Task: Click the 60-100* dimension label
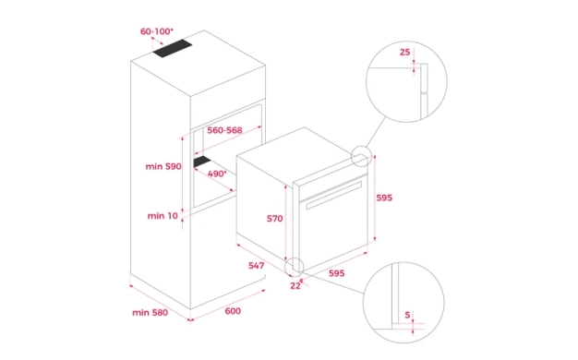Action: (x=156, y=31)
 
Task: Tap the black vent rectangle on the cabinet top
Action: (x=173, y=48)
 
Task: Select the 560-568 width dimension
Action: (x=224, y=130)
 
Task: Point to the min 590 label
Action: (x=163, y=166)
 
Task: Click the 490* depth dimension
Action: (x=217, y=174)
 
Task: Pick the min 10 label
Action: (x=163, y=216)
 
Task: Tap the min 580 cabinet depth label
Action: (x=150, y=313)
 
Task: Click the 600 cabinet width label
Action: (x=233, y=311)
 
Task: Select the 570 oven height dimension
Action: (x=275, y=219)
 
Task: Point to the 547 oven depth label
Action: (x=256, y=266)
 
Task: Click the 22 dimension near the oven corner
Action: (x=295, y=286)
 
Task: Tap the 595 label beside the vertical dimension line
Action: (x=384, y=198)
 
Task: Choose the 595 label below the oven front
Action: (x=337, y=273)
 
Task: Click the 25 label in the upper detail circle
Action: (x=404, y=53)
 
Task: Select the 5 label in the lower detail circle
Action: (x=407, y=315)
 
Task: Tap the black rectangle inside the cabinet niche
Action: (x=202, y=162)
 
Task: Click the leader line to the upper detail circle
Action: (x=376, y=133)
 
